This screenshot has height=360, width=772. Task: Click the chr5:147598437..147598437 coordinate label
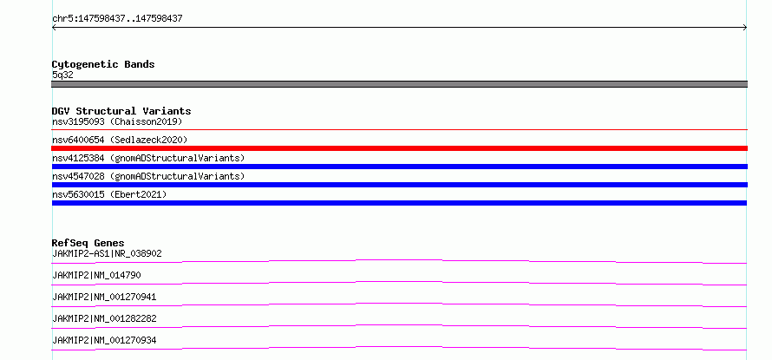pos(117,19)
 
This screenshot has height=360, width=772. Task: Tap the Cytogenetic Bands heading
pos(103,64)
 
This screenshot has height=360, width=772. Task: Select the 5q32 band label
pos(62,75)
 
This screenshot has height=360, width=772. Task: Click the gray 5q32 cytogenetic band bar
pos(399,84)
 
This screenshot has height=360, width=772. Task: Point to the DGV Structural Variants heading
pos(121,111)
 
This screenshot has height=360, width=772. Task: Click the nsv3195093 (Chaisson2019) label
pos(117,121)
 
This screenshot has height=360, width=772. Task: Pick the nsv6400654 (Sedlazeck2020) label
pos(120,140)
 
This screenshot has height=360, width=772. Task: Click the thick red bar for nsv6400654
pos(399,148)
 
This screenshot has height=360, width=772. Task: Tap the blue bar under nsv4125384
pos(399,167)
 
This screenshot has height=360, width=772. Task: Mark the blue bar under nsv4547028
pos(399,185)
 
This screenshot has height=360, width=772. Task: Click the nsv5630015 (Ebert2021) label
pos(109,194)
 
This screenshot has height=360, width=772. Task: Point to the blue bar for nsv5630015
pos(399,203)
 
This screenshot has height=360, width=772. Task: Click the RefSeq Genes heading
pos(88,243)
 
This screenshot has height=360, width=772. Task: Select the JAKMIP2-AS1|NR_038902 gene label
pos(107,253)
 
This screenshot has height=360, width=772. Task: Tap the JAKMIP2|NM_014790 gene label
pos(96,275)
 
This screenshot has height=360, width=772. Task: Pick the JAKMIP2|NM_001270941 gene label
pos(104,297)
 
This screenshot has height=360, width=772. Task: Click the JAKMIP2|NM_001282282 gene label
pos(104,318)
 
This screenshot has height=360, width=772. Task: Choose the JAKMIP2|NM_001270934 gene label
pos(104,340)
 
